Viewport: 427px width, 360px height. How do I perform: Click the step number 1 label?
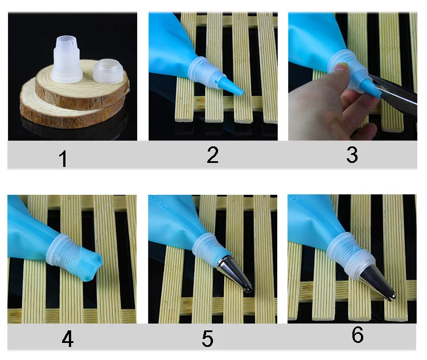(x=63, y=158)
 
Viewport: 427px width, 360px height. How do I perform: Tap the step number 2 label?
(x=213, y=155)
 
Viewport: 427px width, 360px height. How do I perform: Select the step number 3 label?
(x=352, y=155)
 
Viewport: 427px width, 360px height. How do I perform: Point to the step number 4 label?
(x=68, y=339)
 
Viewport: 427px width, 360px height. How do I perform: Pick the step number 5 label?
(x=207, y=339)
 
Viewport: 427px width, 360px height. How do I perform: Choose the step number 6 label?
(x=358, y=334)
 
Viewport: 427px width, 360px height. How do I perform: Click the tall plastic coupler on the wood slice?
(x=67, y=59)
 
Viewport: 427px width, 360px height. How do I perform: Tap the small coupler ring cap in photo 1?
(x=108, y=71)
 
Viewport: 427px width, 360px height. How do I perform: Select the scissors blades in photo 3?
(x=393, y=95)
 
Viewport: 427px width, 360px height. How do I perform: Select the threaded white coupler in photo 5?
(x=208, y=247)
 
